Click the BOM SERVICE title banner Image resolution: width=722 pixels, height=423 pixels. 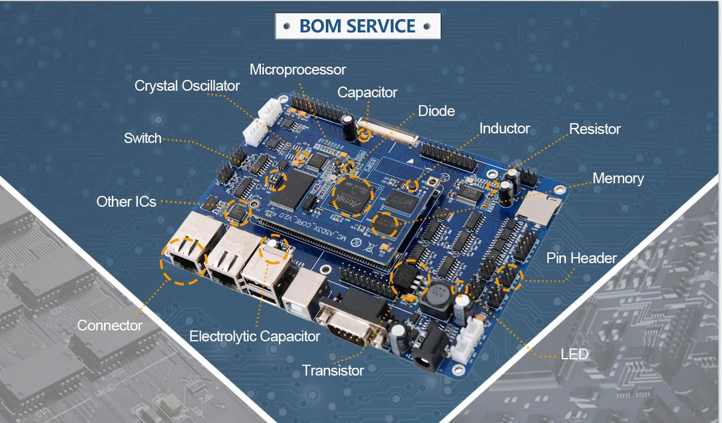358,26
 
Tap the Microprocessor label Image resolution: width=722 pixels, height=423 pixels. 298,70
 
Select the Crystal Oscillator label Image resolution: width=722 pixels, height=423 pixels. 187,86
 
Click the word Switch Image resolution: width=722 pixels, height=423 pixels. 142,138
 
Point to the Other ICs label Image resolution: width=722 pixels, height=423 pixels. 126,201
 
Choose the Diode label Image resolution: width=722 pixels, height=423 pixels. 436,111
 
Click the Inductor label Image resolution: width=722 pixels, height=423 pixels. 504,129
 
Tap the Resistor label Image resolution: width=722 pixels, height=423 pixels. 595,129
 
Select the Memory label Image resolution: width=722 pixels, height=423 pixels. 618,178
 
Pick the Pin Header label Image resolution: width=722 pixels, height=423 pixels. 581,258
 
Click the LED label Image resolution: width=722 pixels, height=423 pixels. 574,354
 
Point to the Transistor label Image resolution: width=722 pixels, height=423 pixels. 332,370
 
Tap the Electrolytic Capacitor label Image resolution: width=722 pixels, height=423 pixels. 254,336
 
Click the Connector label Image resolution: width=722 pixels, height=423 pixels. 109,326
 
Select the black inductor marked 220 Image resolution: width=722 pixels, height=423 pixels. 438,296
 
